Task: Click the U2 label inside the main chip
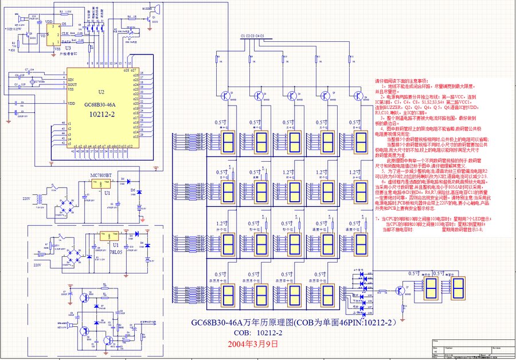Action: click(101, 92)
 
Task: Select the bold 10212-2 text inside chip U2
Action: click(101, 114)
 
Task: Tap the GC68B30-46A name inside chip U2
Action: click(100, 104)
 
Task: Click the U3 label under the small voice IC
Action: click(68, 48)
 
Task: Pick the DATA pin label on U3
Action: click(67, 42)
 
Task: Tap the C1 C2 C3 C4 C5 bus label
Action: click(252, 36)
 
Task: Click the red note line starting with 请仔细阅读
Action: click(401, 81)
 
